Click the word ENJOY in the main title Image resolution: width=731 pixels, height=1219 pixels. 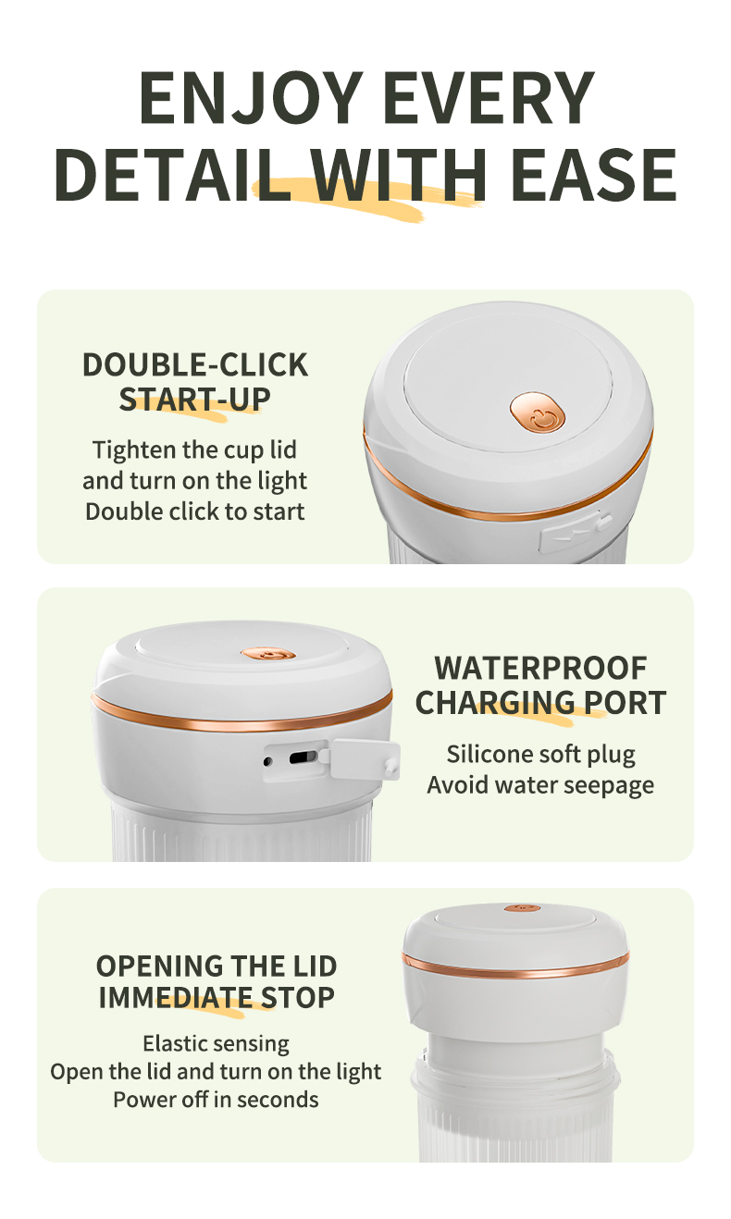pos(251,98)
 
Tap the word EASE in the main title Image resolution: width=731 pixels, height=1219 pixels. pos(594,174)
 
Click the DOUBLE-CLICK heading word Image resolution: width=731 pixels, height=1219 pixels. pos(195,364)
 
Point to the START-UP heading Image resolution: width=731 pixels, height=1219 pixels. pos(195,400)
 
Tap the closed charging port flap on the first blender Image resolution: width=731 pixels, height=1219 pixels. pos(575,531)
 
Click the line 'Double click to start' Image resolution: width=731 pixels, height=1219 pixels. pos(195,511)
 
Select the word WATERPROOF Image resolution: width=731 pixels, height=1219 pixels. pos(540,668)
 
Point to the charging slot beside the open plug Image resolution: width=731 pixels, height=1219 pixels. pos(304,757)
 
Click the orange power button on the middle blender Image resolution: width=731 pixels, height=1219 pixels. pos(268,654)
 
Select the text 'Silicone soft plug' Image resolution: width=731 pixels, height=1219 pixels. pos(541,755)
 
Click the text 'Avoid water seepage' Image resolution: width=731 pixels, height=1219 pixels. pos(540,785)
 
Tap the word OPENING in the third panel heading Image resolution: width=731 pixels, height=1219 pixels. pos(159,967)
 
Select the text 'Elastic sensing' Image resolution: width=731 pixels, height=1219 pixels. pos(217,1044)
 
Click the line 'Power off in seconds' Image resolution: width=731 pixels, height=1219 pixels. pos(217,1100)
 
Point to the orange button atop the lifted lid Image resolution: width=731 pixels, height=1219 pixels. pos(522,907)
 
